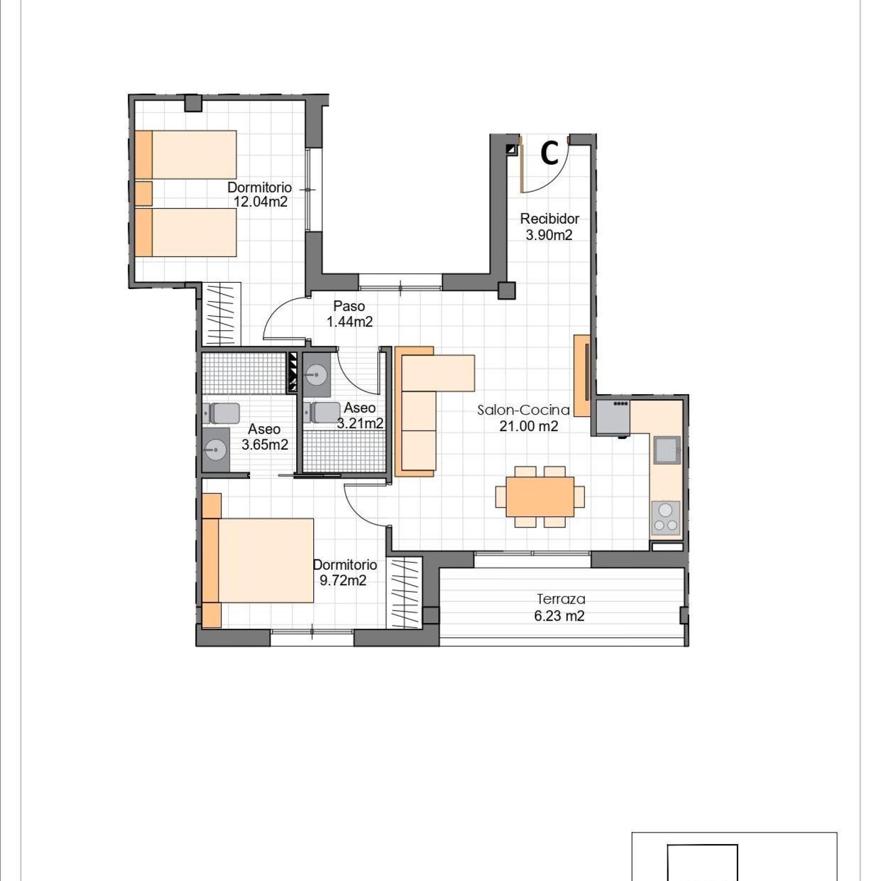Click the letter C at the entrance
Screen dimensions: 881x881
click(x=550, y=153)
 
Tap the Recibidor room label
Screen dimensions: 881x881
click(x=550, y=219)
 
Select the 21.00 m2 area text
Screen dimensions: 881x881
click(x=529, y=426)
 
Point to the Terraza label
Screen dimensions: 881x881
click(x=561, y=599)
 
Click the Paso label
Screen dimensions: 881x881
click(x=349, y=306)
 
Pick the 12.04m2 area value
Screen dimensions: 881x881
click(x=260, y=202)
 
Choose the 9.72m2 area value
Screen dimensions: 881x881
click(x=342, y=580)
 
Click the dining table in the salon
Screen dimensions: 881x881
click(x=540, y=496)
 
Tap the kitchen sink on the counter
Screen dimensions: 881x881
click(x=667, y=450)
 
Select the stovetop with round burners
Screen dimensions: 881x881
click(x=666, y=518)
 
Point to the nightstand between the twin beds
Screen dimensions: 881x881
click(x=144, y=193)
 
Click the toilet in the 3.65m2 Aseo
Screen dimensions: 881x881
click(x=221, y=414)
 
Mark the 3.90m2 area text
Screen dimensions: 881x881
click(x=549, y=235)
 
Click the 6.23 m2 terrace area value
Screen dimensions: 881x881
click(x=559, y=616)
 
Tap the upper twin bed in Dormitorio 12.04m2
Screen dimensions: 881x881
click(x=186, y=155)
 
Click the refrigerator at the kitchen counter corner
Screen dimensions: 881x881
click(x=613, y=417)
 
